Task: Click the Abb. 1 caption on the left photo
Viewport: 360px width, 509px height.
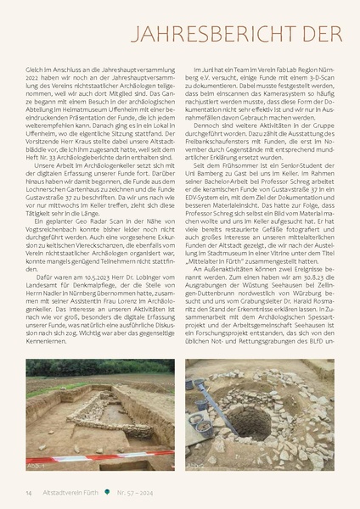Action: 36,464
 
